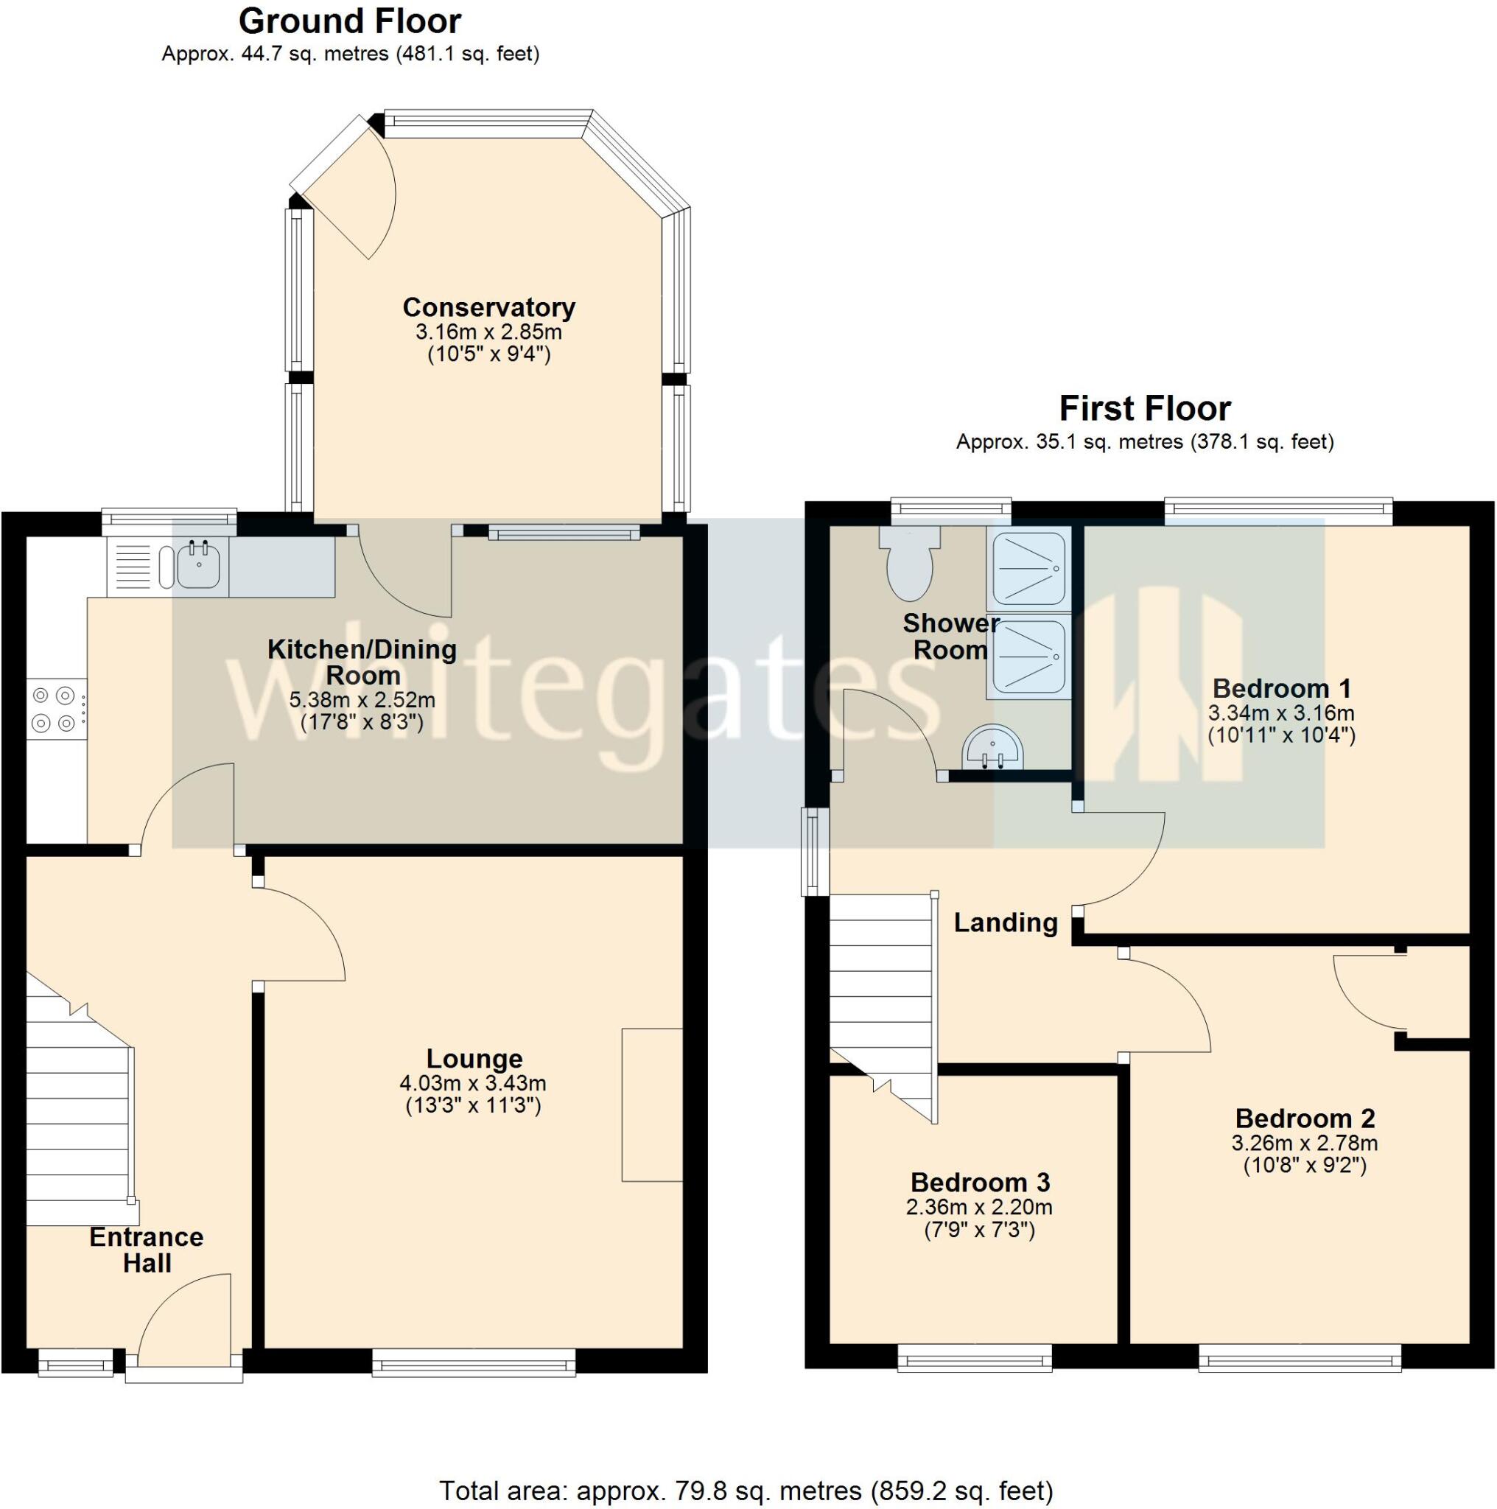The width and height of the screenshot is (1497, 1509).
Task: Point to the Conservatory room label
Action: click(489, 307)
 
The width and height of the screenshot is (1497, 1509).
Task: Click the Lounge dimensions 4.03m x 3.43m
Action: click(472, 1083)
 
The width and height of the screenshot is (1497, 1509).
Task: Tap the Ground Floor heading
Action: click(350, 21)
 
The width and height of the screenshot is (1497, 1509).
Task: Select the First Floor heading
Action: click(1145, 408)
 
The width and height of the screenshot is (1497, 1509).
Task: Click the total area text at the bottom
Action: click(746, 1491)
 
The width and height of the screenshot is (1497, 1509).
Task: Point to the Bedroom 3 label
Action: click(980, 1182)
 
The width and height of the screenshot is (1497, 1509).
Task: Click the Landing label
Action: click(1006, 922)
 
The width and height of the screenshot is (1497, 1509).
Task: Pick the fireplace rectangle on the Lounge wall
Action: click(652, 1104)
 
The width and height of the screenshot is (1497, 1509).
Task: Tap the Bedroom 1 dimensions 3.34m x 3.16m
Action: click(1280, 713)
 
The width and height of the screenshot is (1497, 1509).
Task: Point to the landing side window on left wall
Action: click(815, 851)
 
